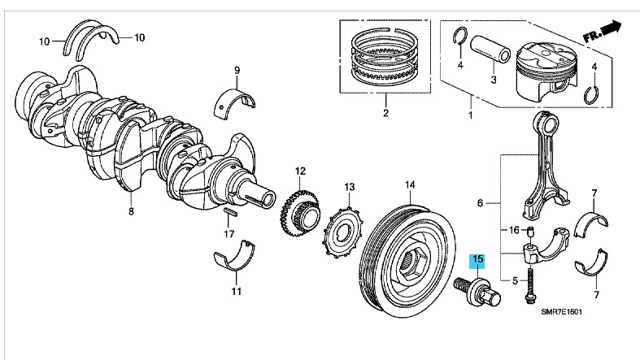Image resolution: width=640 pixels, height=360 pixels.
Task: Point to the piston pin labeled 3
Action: tap(493, 57)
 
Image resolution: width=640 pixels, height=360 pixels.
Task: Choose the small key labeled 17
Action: tap(230, 213)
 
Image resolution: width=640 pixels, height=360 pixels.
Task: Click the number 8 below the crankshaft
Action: tap(129, 211)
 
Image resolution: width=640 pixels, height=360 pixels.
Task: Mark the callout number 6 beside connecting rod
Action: tap(480, 202)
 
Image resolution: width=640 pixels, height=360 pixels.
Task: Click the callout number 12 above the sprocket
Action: tap(299, 171)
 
